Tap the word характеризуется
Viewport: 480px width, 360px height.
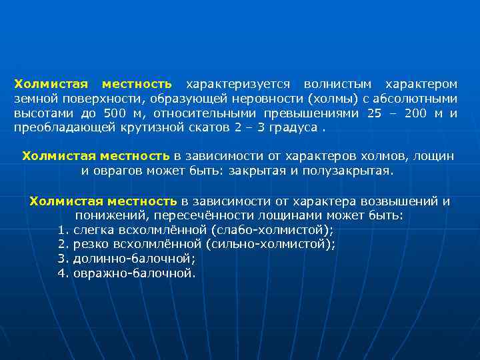(238, 85)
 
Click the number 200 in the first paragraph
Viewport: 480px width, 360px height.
(415, 113)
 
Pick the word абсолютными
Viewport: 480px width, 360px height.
(415, 99)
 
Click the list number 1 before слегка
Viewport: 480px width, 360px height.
(63, 230)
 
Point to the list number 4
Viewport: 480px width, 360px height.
(63, 273)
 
